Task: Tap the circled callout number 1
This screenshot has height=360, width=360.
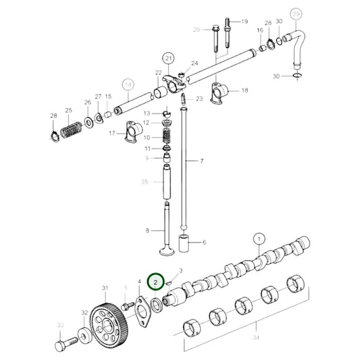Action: [257, 238]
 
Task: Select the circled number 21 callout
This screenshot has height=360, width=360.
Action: [168, 59]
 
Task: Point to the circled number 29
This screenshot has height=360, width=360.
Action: [294, 13]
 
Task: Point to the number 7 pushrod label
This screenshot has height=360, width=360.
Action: [200, 161]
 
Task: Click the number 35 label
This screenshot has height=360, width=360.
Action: [143, 182]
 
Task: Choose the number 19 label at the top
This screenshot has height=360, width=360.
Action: [245, 22]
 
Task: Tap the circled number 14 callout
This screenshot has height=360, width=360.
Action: [128, 85]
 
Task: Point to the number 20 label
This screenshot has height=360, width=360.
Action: [197, 29]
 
